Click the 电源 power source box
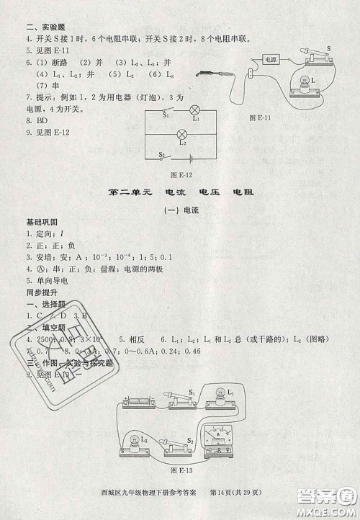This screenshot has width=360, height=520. (270, 60)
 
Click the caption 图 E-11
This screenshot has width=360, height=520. (258, 117)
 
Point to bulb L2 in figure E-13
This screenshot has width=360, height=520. (135, 439)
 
